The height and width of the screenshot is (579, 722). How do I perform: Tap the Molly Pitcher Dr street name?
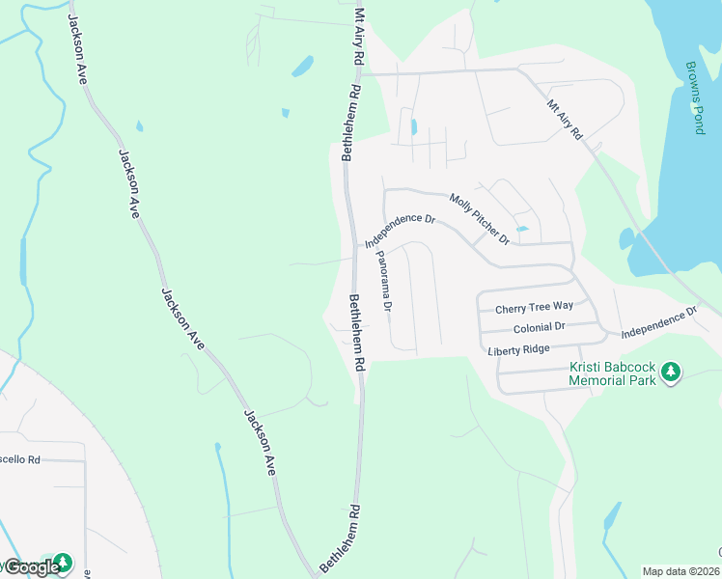479,218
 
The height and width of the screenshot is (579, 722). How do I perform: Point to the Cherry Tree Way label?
534,308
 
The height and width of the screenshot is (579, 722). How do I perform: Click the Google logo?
31,567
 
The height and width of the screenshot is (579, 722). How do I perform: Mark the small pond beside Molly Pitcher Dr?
522,229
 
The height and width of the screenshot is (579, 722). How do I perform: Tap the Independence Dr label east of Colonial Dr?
658,323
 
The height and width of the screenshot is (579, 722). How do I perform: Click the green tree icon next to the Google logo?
63,562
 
